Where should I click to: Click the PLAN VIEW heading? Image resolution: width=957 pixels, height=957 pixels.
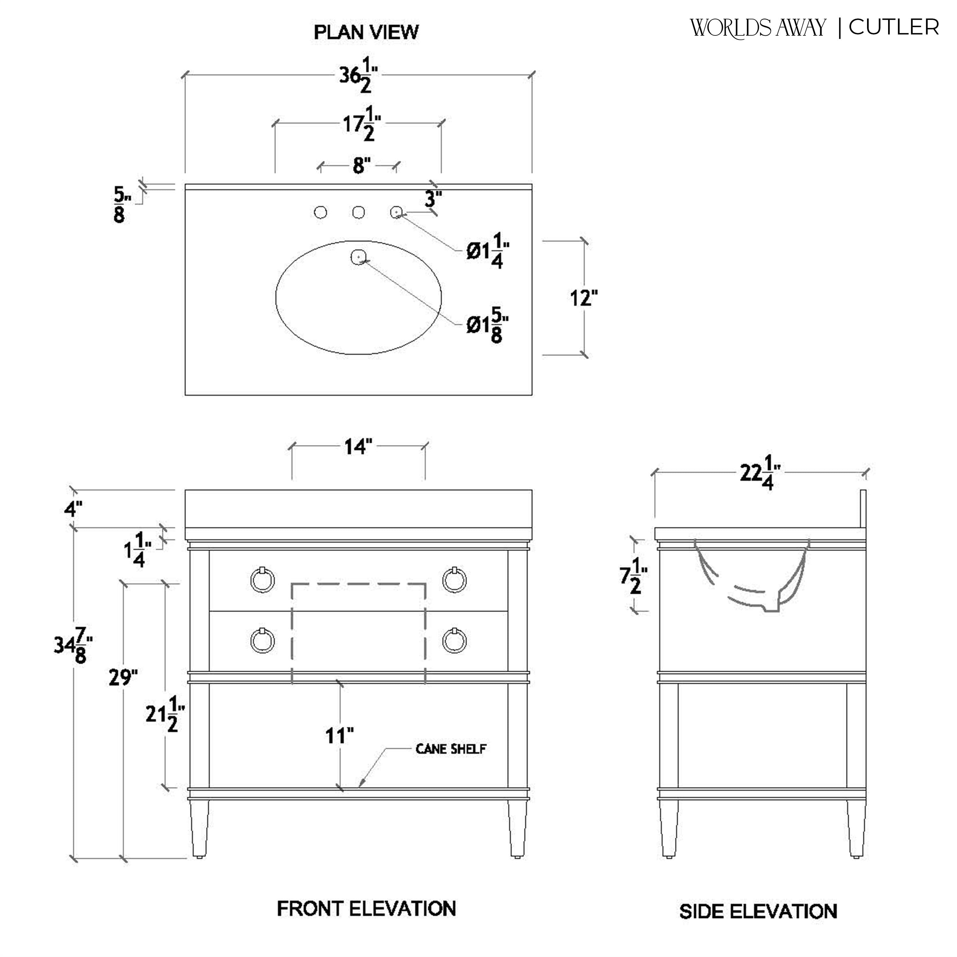tap(366, 32)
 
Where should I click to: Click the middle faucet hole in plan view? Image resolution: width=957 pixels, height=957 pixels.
tap(359, 212)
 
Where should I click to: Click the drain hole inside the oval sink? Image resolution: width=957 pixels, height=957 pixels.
tap(359, 256)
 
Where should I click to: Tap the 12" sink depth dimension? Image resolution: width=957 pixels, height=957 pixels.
tap(584, 299)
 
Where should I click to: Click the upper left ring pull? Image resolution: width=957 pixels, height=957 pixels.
tap(263, 580)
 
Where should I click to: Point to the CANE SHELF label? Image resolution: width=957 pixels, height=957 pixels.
tap(451, 749)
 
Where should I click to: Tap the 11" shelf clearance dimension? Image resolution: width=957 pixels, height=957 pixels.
tap(340, 736)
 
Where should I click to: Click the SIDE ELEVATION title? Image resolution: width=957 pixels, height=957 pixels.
tap(758, 911)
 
